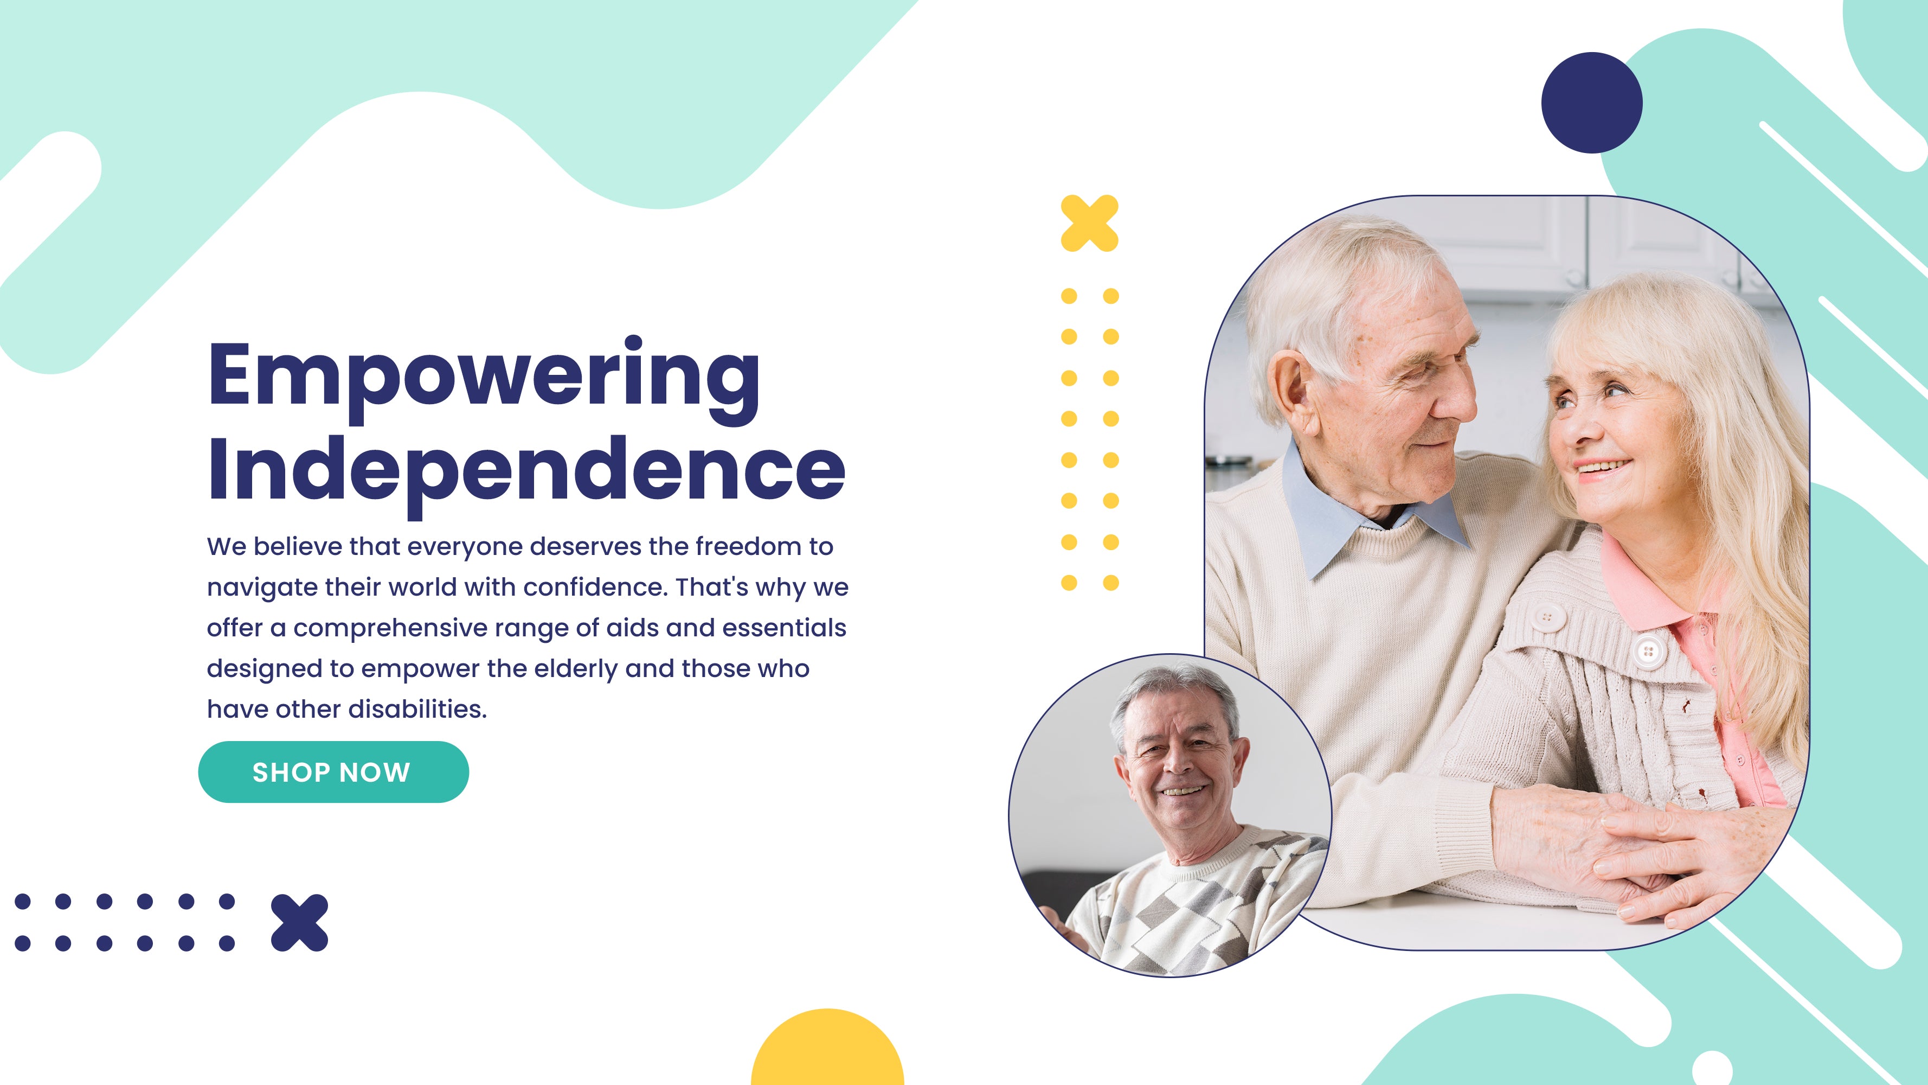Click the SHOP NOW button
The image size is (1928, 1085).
[333, 772]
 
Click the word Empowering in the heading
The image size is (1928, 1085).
[484, 378]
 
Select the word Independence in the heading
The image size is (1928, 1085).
[526, 473]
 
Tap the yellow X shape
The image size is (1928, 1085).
[1090, 223]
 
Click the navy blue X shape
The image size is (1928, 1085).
[299, 922]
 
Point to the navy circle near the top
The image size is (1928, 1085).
[1591, 103]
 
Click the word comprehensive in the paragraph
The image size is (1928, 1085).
[390, 629]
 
